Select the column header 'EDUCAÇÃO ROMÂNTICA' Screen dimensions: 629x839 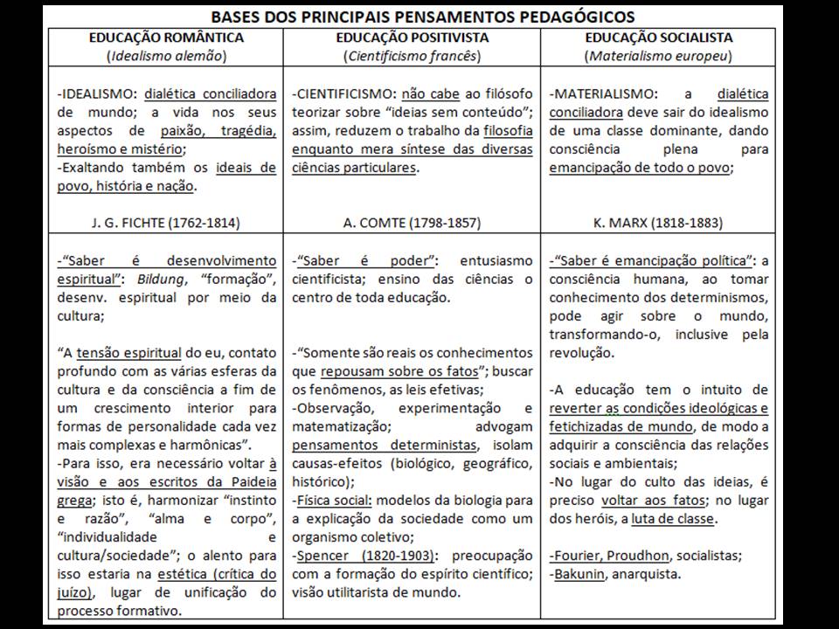tap(166, 38)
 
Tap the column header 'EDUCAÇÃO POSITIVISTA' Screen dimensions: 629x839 tap(413, 38)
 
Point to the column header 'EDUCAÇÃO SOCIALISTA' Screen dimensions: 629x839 tap(659, 38)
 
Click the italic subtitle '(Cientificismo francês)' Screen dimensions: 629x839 tap(413, 56)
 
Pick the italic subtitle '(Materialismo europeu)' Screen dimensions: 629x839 tap(659, 56)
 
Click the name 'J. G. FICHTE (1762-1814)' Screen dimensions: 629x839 tap(166, 223)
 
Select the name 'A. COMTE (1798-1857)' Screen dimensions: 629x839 tap(413, 223)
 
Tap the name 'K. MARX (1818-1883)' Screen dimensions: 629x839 tap(659, 223)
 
